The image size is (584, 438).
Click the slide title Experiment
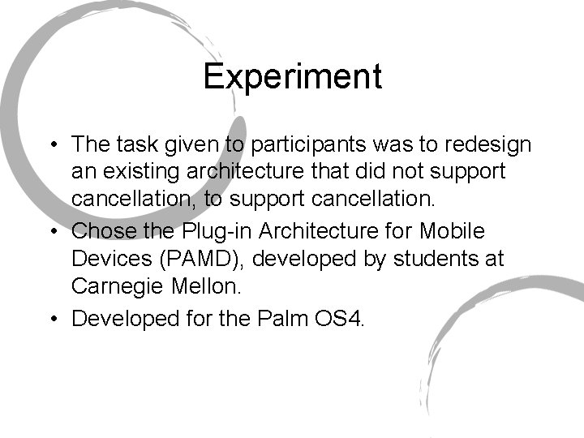[292, 77]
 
